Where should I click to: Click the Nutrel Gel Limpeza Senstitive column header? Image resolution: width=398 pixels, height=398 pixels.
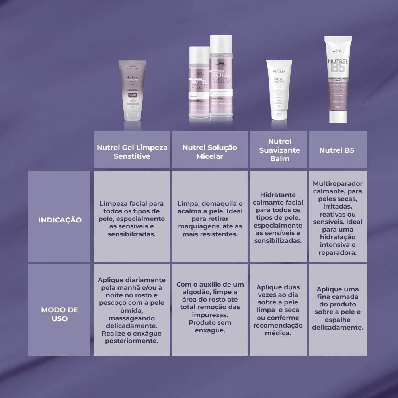click(132, 152)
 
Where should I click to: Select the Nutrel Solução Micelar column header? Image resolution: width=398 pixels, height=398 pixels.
click(210, 152)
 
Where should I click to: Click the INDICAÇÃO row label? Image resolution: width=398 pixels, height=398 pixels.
click(60, 220)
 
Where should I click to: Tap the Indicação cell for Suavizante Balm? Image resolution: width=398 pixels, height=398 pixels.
click(278, 218)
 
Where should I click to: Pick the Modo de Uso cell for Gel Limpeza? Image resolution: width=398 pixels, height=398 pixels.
click(132, 310)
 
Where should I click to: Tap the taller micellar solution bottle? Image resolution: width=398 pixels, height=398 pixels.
click(221, 78)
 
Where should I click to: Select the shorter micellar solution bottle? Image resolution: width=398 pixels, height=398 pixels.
click(199, 84)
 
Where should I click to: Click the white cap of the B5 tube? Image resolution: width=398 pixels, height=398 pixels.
click(338, 117)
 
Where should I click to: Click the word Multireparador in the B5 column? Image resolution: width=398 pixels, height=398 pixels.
click(338, 184)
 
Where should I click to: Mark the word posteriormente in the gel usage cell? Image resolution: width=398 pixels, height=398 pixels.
click(132, 341)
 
